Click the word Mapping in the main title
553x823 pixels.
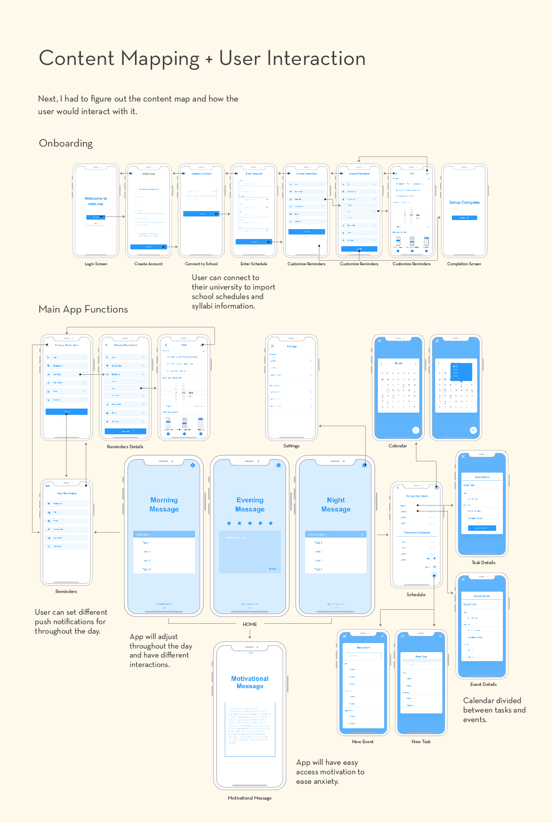coord(160,59)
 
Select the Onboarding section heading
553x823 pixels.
coord(66,143)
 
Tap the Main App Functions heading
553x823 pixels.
coord(83,309)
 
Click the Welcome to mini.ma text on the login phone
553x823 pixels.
coord(96,201)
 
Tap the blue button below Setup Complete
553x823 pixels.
coord(464,218)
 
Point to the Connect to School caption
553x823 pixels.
coord(201,264)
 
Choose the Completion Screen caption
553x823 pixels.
coord(464,264)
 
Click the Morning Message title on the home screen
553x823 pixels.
coord(164,505)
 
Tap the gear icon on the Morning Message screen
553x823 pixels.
coord(193,465)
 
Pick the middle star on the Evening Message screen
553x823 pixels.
coord(250,523)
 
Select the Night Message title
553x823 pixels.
coord(336,505)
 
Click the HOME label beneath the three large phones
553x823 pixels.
coord(250,625)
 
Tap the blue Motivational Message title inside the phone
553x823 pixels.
coord(250,682)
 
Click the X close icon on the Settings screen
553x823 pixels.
coord(272,346)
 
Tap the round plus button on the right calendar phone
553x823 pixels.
coord(473,430)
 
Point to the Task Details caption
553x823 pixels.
coord(483,563)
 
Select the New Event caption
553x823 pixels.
coord(362,742)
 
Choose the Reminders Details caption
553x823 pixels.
coord(125,447)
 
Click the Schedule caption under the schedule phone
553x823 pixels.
coord(416,595)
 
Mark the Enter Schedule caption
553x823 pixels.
coord(254,264)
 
